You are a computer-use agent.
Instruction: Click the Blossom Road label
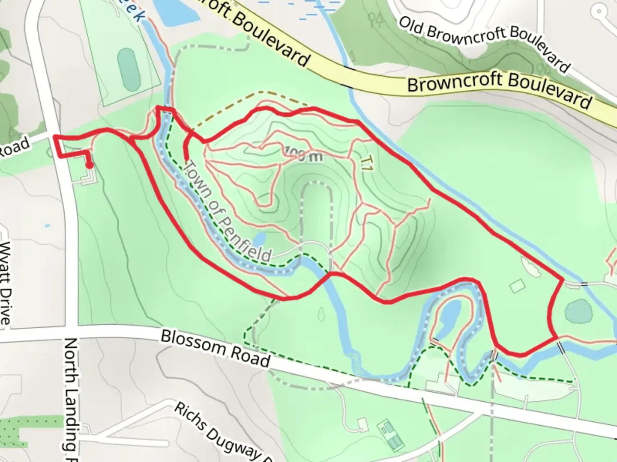pyautogui.click(x=215, y=348)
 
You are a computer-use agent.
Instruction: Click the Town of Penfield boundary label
pyautogui.click(x=227, y=212)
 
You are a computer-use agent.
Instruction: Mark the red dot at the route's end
pyautogui.click(x=90, y=166)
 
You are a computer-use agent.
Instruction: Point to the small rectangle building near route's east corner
pyautogui.click(x=518, y=286)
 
